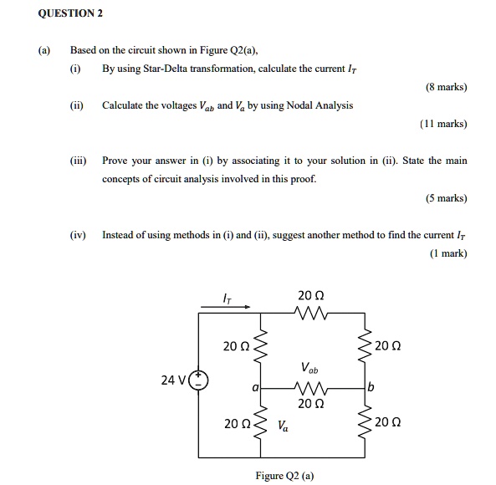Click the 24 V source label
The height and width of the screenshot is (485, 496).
point(174,380)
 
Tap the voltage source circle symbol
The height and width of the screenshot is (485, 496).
point(199,380)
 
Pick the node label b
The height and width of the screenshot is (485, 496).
point(370,388)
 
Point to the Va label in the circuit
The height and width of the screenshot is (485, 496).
point(284,425)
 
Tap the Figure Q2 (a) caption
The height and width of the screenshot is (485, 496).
point(285,475)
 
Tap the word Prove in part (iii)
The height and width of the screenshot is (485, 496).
point(115,160)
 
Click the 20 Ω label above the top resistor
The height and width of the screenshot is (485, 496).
point(310,294)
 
